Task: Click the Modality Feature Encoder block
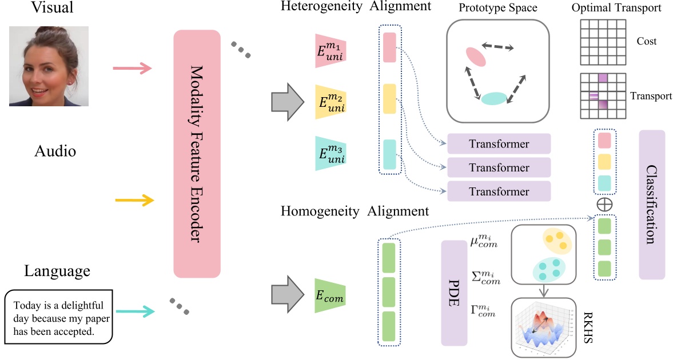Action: (x=197, y=154)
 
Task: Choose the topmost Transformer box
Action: (x=499, y=144)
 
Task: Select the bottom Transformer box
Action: (x=499, y=191)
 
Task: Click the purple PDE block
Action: (x=455, y=293)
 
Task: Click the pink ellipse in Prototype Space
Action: (x=476, y=57)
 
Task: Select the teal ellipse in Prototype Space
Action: (x=493, y=98)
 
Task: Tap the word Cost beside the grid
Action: (x=646, y=41)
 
